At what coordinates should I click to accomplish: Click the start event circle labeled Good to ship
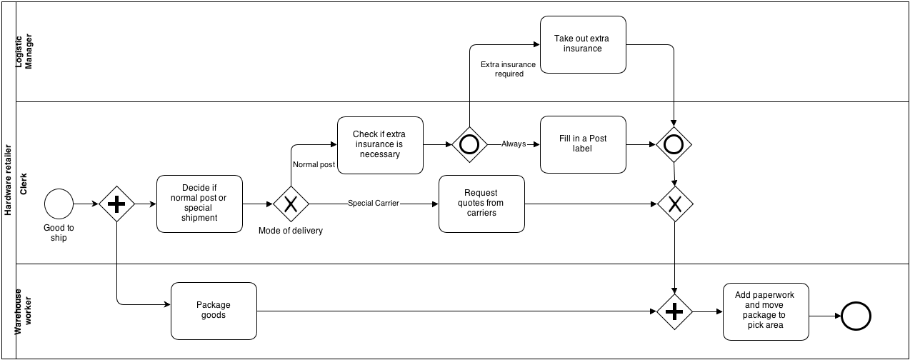click(59, 204)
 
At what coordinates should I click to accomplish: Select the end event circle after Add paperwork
click(856, 314)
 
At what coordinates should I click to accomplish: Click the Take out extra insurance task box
click(583, 44)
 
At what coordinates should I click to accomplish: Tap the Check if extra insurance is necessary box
click(380, 145)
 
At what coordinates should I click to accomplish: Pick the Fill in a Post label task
click(583, 144)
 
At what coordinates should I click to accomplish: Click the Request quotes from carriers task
click(481, 204)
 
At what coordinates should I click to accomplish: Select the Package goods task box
click(214, 311)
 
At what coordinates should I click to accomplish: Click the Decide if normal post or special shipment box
click(199, 204)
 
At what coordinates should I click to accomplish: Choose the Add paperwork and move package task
click(765, 311)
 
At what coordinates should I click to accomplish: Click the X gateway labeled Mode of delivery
click(291, 204)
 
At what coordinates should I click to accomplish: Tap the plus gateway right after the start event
click(116, 204)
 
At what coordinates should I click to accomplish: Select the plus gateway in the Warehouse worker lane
click(675, 312)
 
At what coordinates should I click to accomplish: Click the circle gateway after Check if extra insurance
click(469, 144)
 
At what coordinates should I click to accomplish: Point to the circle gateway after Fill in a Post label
click(674, 144)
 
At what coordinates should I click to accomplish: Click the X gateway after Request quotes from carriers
click(675, 204)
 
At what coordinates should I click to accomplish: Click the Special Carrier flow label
click(373, 204)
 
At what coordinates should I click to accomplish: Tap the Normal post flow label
click(313, 165)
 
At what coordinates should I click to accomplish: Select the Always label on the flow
click(513, 144)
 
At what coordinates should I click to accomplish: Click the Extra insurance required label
click(508, 69)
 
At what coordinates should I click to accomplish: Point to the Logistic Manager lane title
click(25, 51)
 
